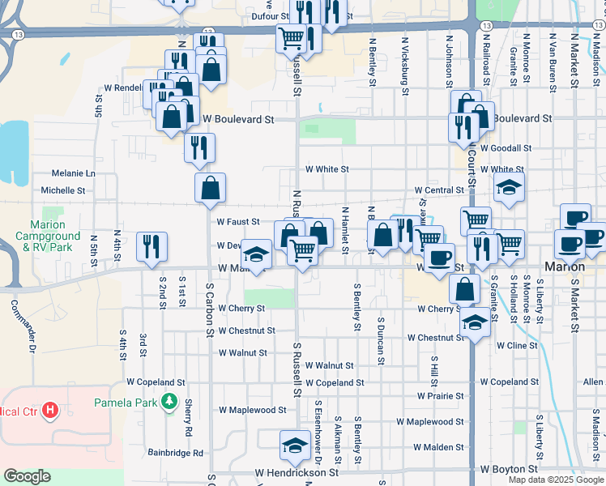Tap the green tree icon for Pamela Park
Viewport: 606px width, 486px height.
[169, 401]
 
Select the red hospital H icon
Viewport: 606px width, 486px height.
[50, 410]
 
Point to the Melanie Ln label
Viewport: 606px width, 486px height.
[74, 173]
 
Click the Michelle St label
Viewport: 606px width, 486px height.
[63, 190]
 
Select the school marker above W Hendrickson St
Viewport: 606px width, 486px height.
[295, 444]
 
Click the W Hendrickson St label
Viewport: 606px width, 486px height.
[296, 471]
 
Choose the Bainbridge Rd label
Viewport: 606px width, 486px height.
[175, 453]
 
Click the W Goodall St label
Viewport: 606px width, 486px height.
[506, 148]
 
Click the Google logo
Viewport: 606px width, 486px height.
[27, 476]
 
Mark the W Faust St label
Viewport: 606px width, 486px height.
[238, 221]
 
